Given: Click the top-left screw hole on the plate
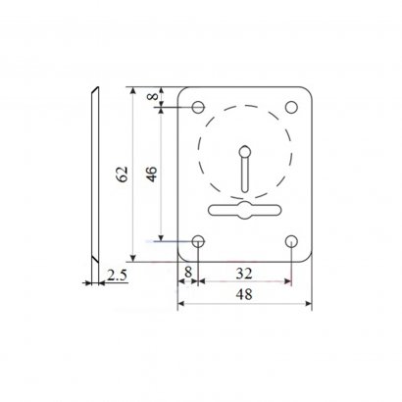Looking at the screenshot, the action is (198, 107).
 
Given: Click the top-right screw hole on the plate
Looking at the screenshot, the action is (291, 107).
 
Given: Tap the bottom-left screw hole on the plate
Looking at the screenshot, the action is (198, 241).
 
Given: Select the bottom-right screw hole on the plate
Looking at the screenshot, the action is (291, 241).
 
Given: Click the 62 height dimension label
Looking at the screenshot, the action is (123, 174).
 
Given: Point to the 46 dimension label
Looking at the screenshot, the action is (152, 174).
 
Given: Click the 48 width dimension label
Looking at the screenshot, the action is (244, 294).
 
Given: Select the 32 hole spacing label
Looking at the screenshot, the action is (244, 274).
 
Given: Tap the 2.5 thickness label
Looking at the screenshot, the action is (117, 276).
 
